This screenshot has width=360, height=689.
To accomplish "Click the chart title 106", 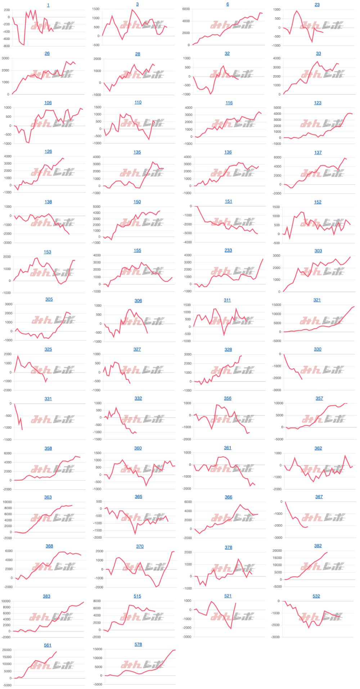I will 48,103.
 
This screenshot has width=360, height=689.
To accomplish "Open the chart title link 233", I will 228,250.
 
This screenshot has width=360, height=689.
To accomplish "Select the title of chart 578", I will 138,644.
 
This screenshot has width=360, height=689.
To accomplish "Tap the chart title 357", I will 319,398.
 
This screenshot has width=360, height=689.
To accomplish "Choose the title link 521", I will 228,596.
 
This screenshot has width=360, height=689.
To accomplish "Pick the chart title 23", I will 317,5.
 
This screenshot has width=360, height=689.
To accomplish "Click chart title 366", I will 229,497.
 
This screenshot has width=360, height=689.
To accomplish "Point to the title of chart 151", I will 229,201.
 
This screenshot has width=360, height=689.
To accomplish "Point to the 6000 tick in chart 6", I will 186,9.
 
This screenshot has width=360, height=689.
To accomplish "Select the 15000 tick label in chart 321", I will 276,305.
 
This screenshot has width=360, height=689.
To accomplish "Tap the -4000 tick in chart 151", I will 187,242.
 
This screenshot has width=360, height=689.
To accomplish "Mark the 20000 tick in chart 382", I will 277,550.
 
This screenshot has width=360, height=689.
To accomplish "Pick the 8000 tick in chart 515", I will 97,601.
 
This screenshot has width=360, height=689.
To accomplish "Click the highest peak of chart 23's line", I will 297,11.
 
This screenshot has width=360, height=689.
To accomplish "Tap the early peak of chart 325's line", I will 18,356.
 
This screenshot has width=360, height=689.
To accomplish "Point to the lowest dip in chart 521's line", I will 231,629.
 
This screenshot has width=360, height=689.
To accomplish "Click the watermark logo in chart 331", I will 52,419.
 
